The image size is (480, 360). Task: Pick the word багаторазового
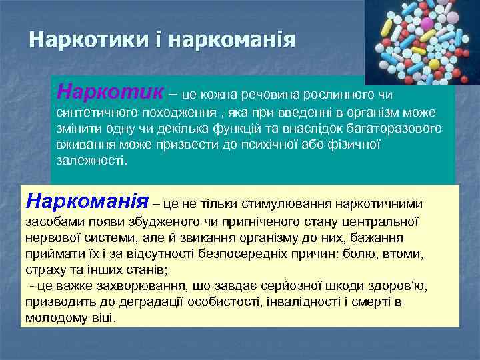click(x=389, y=127)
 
